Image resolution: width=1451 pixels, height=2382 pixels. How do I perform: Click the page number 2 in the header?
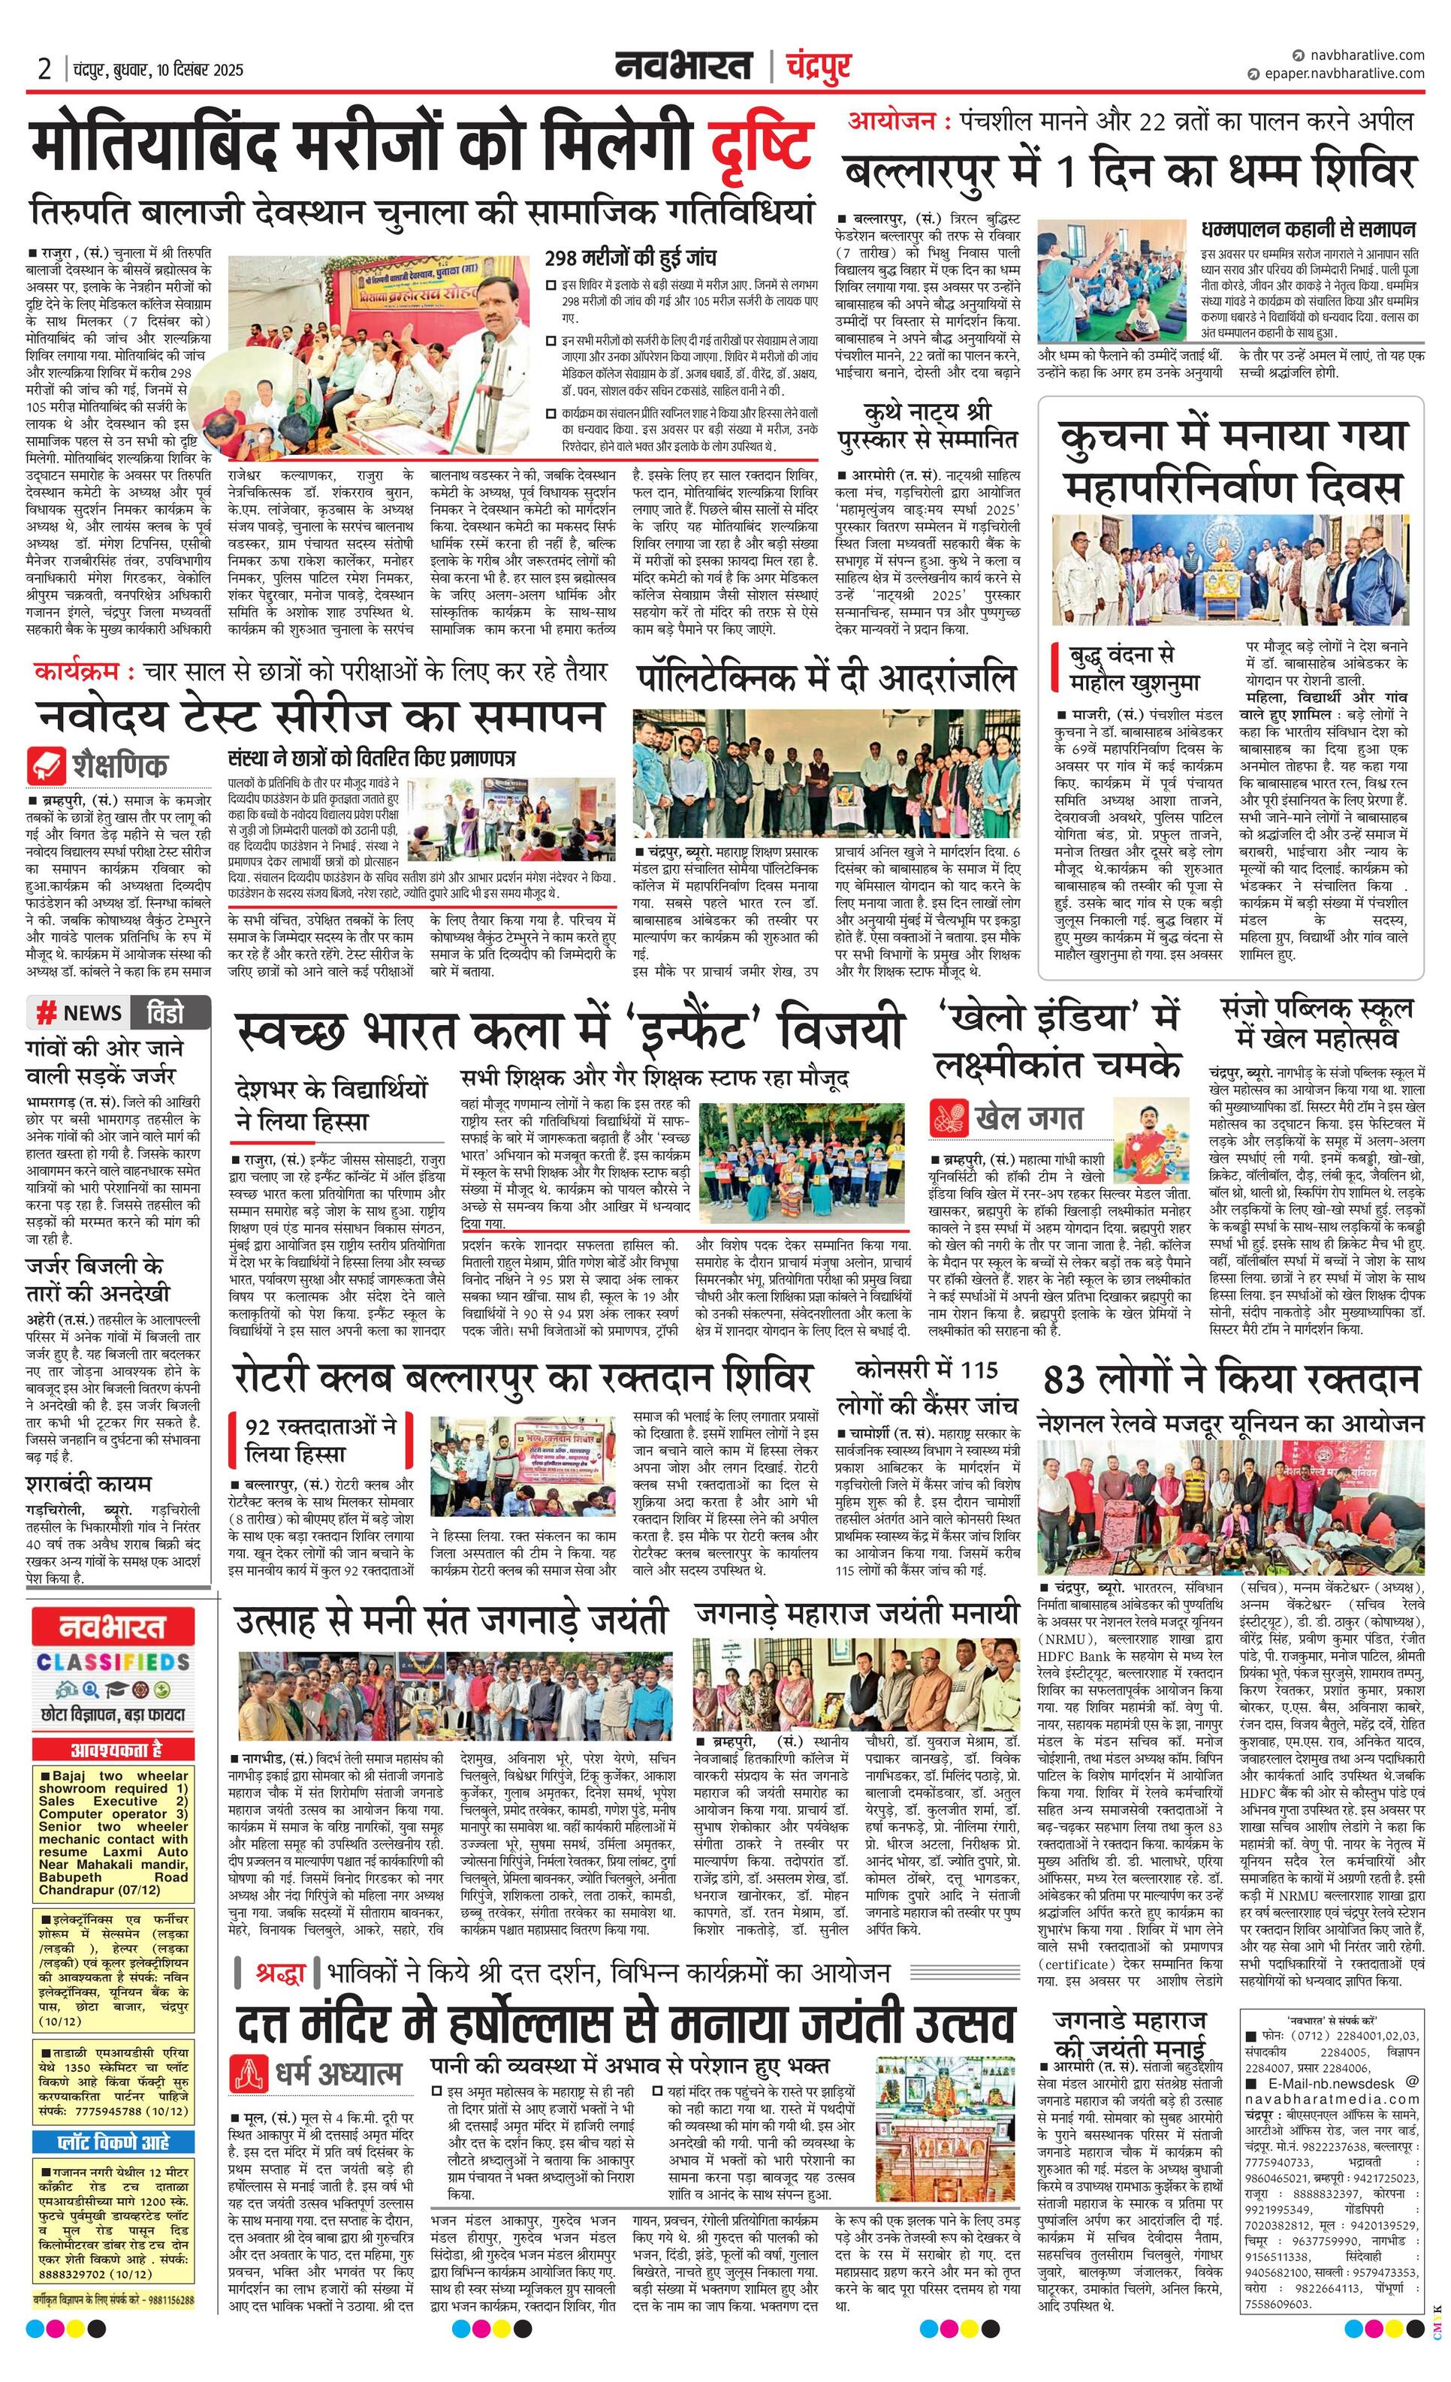(44, 68)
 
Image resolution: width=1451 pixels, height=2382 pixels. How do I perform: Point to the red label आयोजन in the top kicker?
(891, 121)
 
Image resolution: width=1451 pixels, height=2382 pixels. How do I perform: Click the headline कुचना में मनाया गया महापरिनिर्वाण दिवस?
(1231, 461)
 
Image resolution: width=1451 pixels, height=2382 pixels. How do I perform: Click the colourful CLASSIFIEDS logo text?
(112, 1662)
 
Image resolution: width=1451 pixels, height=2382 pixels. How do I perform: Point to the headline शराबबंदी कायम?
(89, 1483)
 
